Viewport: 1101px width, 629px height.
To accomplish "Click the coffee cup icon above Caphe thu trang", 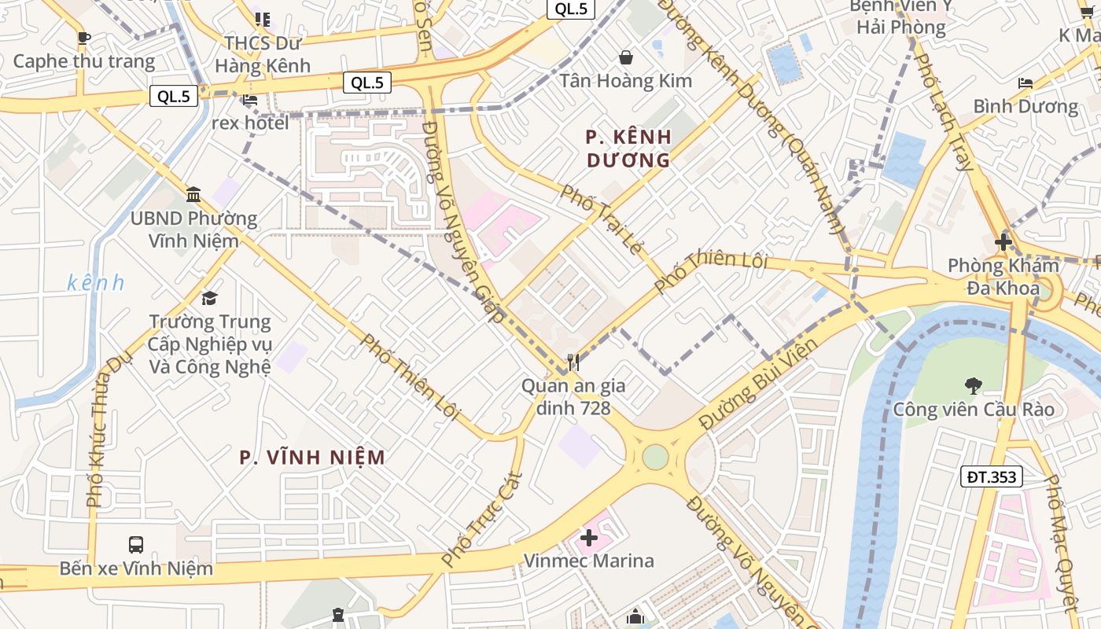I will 84,38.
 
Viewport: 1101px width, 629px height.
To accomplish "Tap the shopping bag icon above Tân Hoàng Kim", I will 626,57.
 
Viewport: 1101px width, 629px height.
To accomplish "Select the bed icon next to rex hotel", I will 250,100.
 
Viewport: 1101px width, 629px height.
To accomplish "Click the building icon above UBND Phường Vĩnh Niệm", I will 193,194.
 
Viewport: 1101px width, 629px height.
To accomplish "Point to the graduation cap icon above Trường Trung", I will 209,298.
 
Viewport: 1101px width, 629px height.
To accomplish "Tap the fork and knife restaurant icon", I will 573,362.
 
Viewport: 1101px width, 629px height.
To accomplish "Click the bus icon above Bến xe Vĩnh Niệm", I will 136,544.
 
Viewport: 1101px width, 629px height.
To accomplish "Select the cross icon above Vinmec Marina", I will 589,538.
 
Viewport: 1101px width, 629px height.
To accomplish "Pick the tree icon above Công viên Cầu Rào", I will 974,385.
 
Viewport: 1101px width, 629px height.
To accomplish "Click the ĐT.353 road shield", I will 992,476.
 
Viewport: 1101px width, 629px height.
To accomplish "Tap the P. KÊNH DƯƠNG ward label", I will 628,149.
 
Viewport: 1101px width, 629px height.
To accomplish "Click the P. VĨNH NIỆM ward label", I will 313,457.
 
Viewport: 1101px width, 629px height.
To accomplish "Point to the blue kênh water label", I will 96,283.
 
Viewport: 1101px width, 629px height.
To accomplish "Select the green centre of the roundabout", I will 655,457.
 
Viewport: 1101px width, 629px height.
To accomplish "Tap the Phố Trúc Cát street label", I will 482,519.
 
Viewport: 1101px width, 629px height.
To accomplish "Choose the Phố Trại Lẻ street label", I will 602,219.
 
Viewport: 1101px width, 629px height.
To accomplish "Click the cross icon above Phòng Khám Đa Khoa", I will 1003,242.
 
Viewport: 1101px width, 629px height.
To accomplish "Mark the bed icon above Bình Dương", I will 1026,83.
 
